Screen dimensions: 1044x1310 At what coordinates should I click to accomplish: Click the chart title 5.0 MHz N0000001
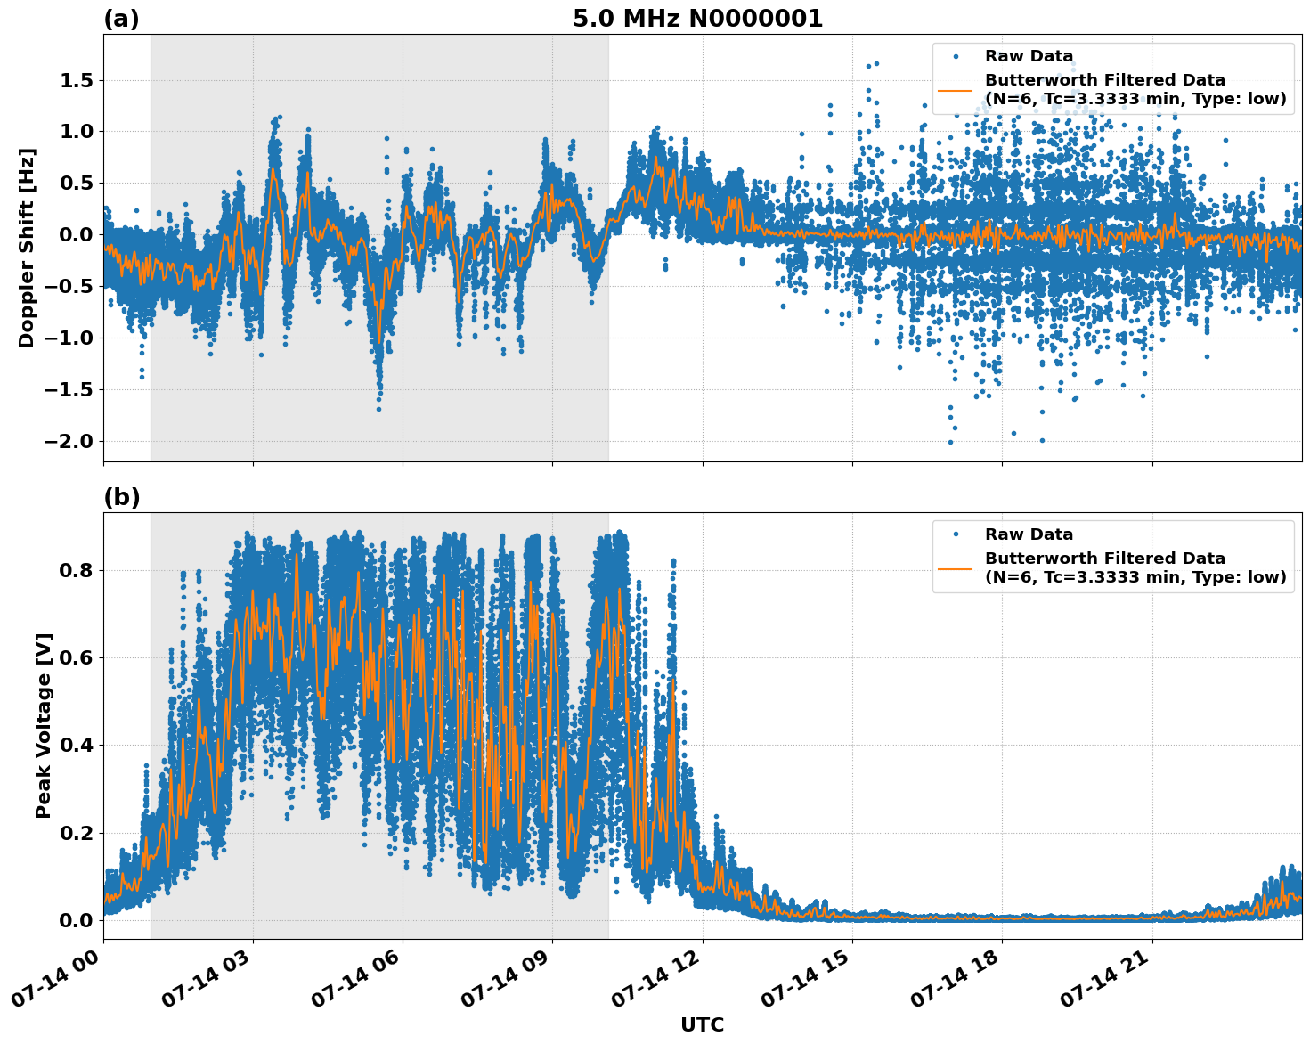[x=697, y=19]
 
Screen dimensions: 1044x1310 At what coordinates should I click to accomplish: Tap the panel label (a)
[x=121, y=19]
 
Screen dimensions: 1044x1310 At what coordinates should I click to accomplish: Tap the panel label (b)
[x=121, y=497]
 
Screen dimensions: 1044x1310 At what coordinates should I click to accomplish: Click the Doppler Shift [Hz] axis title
[x=27, y=248]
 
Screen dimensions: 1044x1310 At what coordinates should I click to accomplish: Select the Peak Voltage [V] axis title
[x=44, y=725]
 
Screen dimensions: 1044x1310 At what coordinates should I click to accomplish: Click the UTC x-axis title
[x=702, y=1024]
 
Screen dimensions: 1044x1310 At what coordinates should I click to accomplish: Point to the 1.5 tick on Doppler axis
[x=76, y=81]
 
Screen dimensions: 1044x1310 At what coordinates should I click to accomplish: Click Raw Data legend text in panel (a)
[x=1029, y=56]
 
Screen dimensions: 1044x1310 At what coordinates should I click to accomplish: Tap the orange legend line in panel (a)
[x=955, y=90]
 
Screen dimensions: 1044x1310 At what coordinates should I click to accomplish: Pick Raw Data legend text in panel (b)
[x=1029, y=534]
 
